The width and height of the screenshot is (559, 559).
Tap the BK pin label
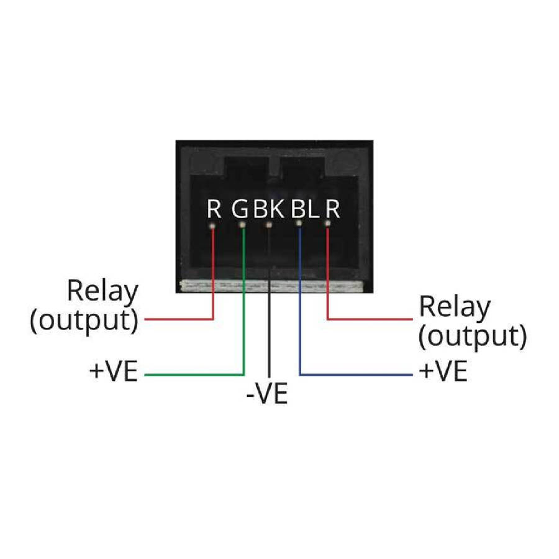(269, 209)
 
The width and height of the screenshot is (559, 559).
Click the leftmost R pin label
(214, 209)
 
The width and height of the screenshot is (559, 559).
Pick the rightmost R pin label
(333, 209)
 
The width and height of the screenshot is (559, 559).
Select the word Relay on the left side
(102, 291)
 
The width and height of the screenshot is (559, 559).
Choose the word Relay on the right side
(455, 307)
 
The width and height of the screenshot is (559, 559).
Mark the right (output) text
(472, 336)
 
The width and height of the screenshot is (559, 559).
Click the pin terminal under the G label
(243, 227)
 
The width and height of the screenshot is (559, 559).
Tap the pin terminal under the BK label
(269, 224)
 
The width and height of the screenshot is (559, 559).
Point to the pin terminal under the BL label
(299, 223)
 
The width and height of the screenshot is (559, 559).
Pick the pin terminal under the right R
(326, 227)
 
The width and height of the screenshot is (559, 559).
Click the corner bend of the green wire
(243, 375)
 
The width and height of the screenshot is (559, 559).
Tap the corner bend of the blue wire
(300, 375)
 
